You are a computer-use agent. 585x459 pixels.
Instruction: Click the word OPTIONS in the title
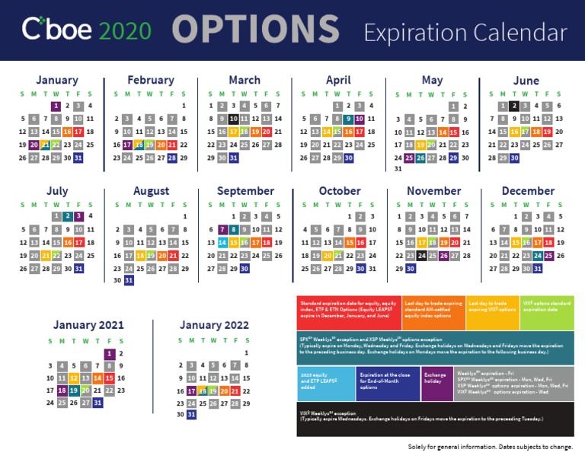click(x=255, y=30)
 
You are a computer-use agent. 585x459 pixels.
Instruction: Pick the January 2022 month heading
click(x=214, y=325)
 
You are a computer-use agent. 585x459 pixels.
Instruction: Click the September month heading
click(x=245, y=191)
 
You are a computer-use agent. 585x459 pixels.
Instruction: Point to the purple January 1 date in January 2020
click(x=56, y=106)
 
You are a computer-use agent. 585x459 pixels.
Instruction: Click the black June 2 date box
click(x=514, y=106)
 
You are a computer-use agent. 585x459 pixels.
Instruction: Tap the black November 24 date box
click(x=421, y=256)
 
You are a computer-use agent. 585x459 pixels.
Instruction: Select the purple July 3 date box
click(x=78, y=216)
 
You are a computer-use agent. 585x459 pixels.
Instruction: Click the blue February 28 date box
click(x=172, y=158)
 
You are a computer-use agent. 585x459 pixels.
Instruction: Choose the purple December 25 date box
click(x=548, y=256)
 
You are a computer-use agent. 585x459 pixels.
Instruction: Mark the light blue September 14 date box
click(x=222, y=243)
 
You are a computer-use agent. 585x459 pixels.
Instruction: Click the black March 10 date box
click(x=233, y=119)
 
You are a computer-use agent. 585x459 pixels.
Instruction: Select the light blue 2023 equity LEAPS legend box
click(x=326, y=384)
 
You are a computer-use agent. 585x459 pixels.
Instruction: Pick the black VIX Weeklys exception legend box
click(x=436, y=419)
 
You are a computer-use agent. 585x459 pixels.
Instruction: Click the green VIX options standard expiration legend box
click(x=547, y=312)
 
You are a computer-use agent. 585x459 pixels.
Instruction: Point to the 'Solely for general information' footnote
click(x=490, y=447)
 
